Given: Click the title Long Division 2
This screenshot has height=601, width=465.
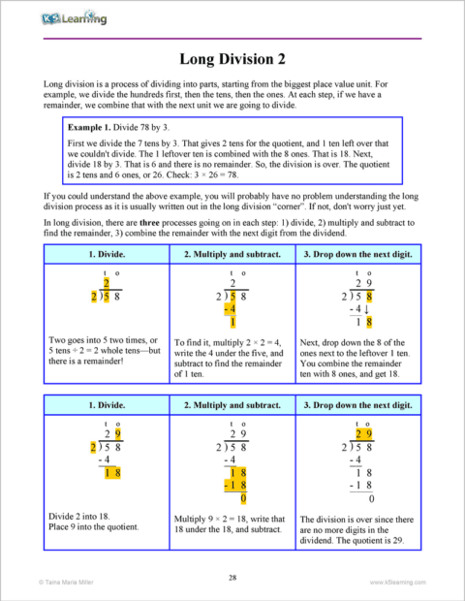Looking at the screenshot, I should pyautogui.click(x=232, y=56).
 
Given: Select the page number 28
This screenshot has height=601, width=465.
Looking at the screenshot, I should pyautogui.click(x=232, y=578).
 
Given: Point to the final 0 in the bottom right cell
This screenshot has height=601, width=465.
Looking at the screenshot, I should pyautogui.click(x=370, y=500).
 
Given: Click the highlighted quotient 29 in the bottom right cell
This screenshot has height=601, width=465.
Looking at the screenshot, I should pyautogui.click(x=363, y=433).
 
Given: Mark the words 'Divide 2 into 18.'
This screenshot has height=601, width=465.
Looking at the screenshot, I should pyautogui.click(x=77, y=516).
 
